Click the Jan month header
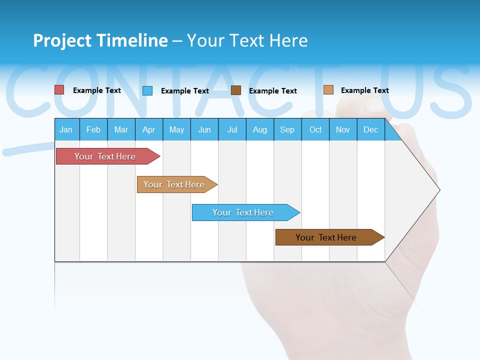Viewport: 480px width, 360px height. coord(66,129)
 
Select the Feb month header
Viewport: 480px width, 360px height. coord(93,129)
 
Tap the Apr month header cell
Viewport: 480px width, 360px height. coord(149,129)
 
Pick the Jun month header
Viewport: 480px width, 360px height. coord(204,129)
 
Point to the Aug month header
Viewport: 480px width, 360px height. coord(260,129)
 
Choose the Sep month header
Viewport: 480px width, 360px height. coord(287,129)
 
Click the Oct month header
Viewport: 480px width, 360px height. coord(315,129)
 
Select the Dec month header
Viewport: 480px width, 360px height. coord(371,129)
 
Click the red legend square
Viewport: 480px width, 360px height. coord(59,90)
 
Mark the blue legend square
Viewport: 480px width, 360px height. coord(147,90)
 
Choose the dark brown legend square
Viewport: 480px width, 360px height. coord(236,90)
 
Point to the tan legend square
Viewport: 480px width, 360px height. coord(328,90)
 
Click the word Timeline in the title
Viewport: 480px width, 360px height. coord(132,40)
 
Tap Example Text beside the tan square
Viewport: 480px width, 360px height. coord(364,90)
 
